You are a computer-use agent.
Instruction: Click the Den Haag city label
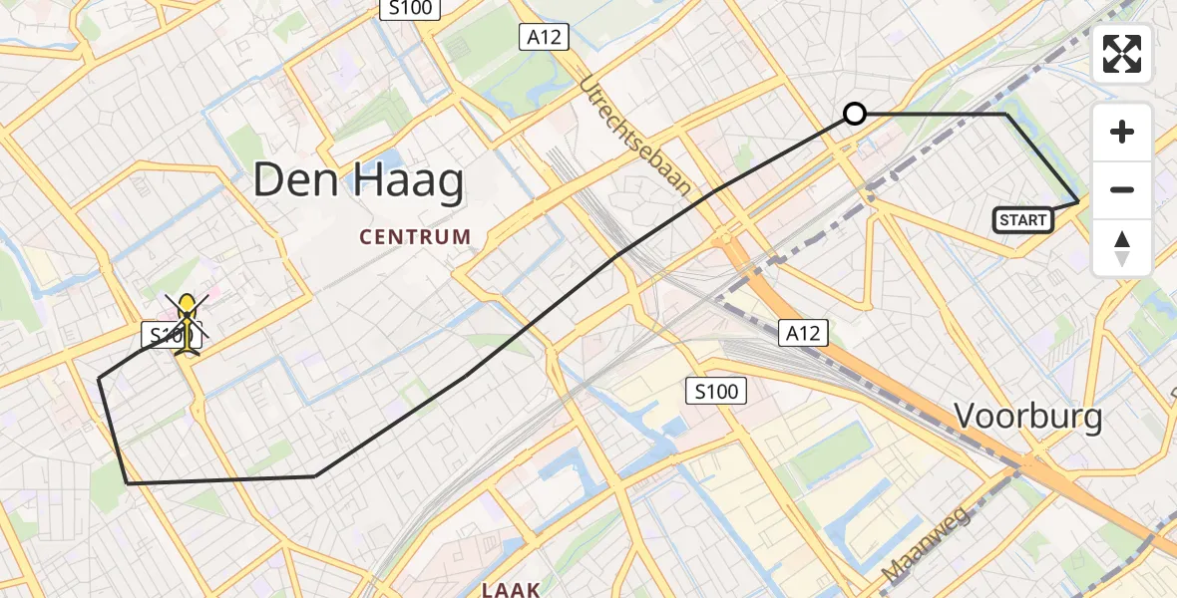tap(358, 182)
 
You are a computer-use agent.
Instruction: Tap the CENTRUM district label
tap(415, 237)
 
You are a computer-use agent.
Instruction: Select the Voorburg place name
tap(1028, 416)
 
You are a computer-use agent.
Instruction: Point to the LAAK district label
tap(511, 589)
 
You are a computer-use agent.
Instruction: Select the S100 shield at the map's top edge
tap(409, 8)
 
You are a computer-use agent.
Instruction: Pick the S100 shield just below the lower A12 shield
tap(717, 391)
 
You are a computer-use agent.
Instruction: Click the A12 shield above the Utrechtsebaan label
tap(544, 38)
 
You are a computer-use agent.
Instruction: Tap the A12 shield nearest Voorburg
tap(803, 332)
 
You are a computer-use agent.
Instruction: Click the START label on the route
tap(1023, 220)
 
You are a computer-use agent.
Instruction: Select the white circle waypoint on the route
tap(855, 114)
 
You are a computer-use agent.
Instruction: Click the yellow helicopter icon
tap(187, 323)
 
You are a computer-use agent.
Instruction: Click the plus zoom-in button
tap(1122, 132)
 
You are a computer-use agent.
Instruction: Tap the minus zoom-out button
tap(1122, 189)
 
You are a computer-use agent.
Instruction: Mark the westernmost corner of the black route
tap(99, 379)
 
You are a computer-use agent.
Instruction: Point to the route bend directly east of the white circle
tap(1005, 115)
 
